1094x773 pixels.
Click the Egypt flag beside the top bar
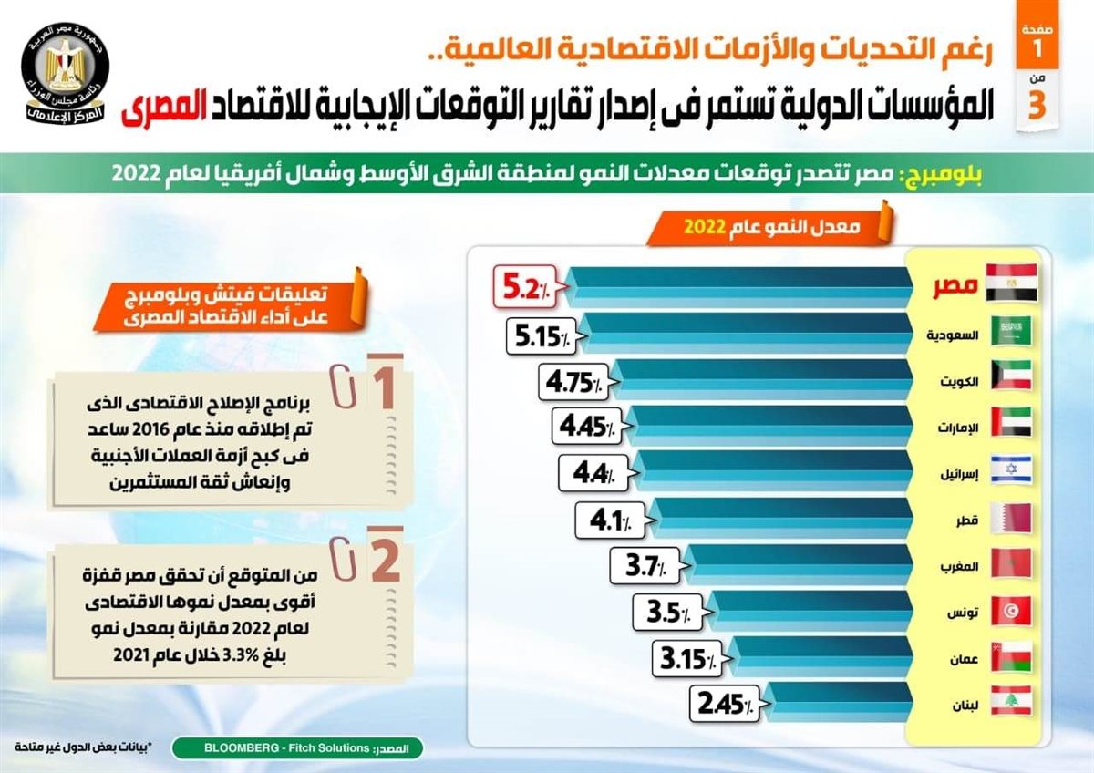(1012, 283)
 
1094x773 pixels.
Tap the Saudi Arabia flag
(1012, 330)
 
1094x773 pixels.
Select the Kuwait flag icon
(1012, 376)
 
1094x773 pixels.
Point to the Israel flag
(1012, 470)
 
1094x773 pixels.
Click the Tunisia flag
(1012, 610)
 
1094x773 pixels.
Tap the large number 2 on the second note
(380, 562)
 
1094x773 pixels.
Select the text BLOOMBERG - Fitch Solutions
(275, 749)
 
